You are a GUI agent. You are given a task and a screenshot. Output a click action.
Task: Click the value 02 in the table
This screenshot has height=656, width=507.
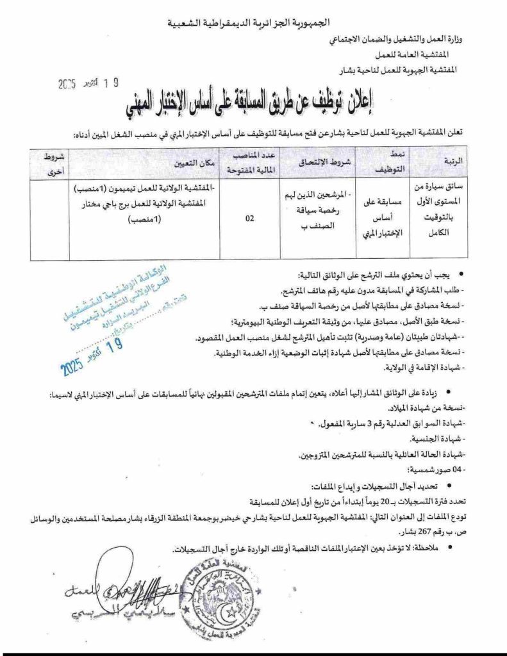(x=251, y=218)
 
